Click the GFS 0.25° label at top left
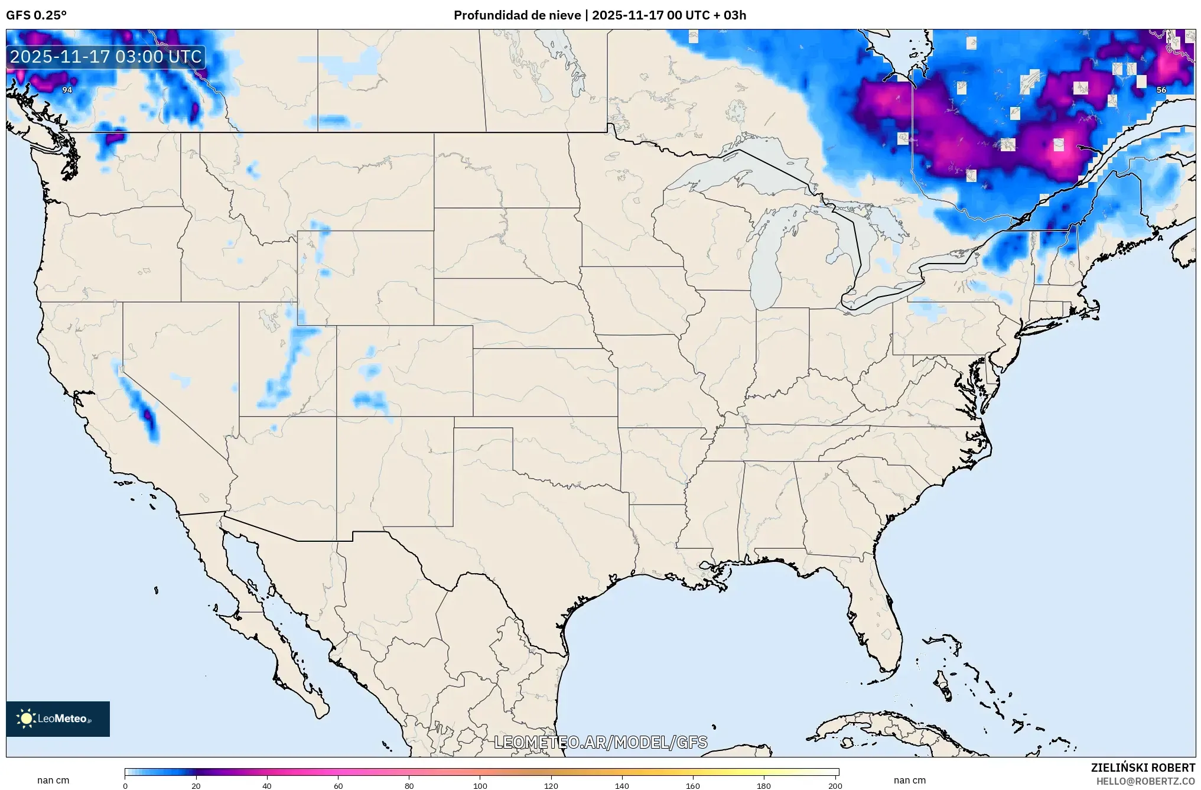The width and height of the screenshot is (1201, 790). coord(36,15)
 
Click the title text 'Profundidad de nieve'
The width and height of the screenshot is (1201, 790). coord(517,15)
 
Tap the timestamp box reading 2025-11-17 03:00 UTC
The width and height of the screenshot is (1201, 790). coord(106,57)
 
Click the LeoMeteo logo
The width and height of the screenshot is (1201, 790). coord(57,719)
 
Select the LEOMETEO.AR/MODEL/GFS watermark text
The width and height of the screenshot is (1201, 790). coord(600,742)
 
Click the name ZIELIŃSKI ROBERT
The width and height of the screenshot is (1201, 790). coord(1143,768)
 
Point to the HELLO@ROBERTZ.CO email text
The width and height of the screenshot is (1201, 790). coord(1145,781)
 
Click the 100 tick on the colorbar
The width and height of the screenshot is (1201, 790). coord(480,786)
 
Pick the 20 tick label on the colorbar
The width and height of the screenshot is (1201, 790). coord(196,786)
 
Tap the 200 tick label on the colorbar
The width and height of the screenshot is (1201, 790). coord(835,786)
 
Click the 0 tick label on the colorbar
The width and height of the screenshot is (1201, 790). coord(125,786)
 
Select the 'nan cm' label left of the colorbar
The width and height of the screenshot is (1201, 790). coord(53,780)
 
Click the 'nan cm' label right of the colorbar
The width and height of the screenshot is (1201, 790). coord(909,780)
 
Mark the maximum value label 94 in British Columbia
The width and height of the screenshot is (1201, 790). coord(67,90)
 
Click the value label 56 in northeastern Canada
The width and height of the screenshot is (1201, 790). coord(1161,90)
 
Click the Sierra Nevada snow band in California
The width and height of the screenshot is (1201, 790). coord(142,408)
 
